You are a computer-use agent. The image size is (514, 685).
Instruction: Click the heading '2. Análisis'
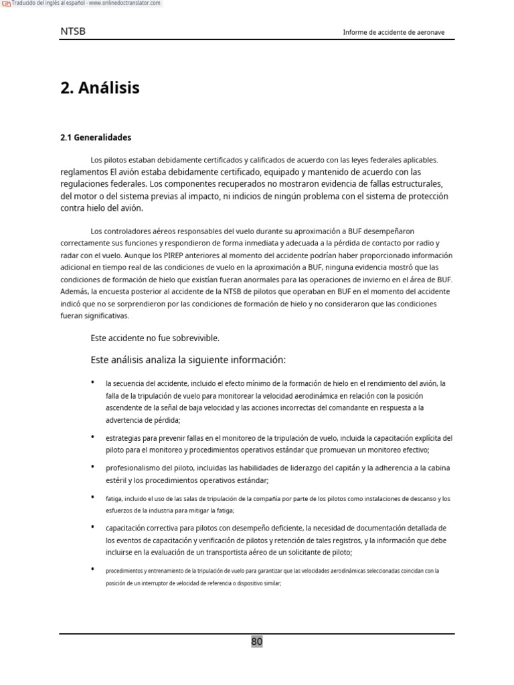click(100, 88)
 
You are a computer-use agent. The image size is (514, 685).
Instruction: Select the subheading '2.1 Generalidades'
click(96, 138)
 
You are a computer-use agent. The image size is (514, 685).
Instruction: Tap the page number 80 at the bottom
click(257, 642)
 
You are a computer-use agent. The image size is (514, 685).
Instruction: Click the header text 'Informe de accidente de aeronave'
click(394, 32)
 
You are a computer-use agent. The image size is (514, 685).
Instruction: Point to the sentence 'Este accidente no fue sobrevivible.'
click(155, 338)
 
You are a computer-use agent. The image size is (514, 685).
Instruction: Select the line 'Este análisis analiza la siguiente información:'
click(188, 360)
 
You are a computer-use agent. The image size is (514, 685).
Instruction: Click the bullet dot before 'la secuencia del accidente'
click(92, 383)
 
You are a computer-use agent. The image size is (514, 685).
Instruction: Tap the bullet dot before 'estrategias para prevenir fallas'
click(92, 437)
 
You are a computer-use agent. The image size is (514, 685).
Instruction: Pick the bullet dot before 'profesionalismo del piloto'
click(92, 467)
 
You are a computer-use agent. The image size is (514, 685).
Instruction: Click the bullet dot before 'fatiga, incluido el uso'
click(92, 498)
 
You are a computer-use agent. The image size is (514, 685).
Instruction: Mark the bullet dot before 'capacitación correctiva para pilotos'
click(92, 527)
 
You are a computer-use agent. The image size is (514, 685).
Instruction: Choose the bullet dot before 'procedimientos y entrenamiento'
click(92, 569)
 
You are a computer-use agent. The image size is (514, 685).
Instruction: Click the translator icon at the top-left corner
click(6, 3)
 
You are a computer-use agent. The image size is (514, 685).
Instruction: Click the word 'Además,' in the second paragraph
click(74, 292)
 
